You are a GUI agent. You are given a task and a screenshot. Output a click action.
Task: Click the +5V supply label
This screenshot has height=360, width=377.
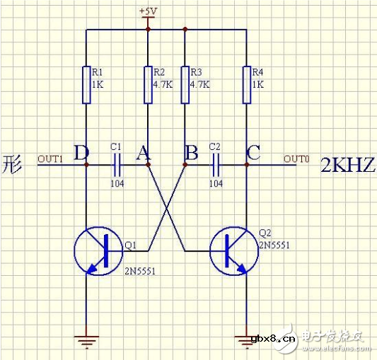148,11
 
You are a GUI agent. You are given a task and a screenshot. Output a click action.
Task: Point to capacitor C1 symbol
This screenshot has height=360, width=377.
117,164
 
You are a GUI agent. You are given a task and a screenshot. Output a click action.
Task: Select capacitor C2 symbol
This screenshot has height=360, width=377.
215,164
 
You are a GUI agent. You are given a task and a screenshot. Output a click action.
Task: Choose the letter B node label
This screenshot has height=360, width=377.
190,151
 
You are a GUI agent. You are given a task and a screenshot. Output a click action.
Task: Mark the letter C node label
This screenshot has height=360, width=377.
253,151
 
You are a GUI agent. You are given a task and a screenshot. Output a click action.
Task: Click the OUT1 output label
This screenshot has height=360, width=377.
50,158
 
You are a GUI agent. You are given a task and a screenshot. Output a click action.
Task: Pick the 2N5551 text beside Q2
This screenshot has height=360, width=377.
273,245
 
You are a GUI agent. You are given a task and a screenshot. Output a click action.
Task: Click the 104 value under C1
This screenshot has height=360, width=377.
117,182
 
